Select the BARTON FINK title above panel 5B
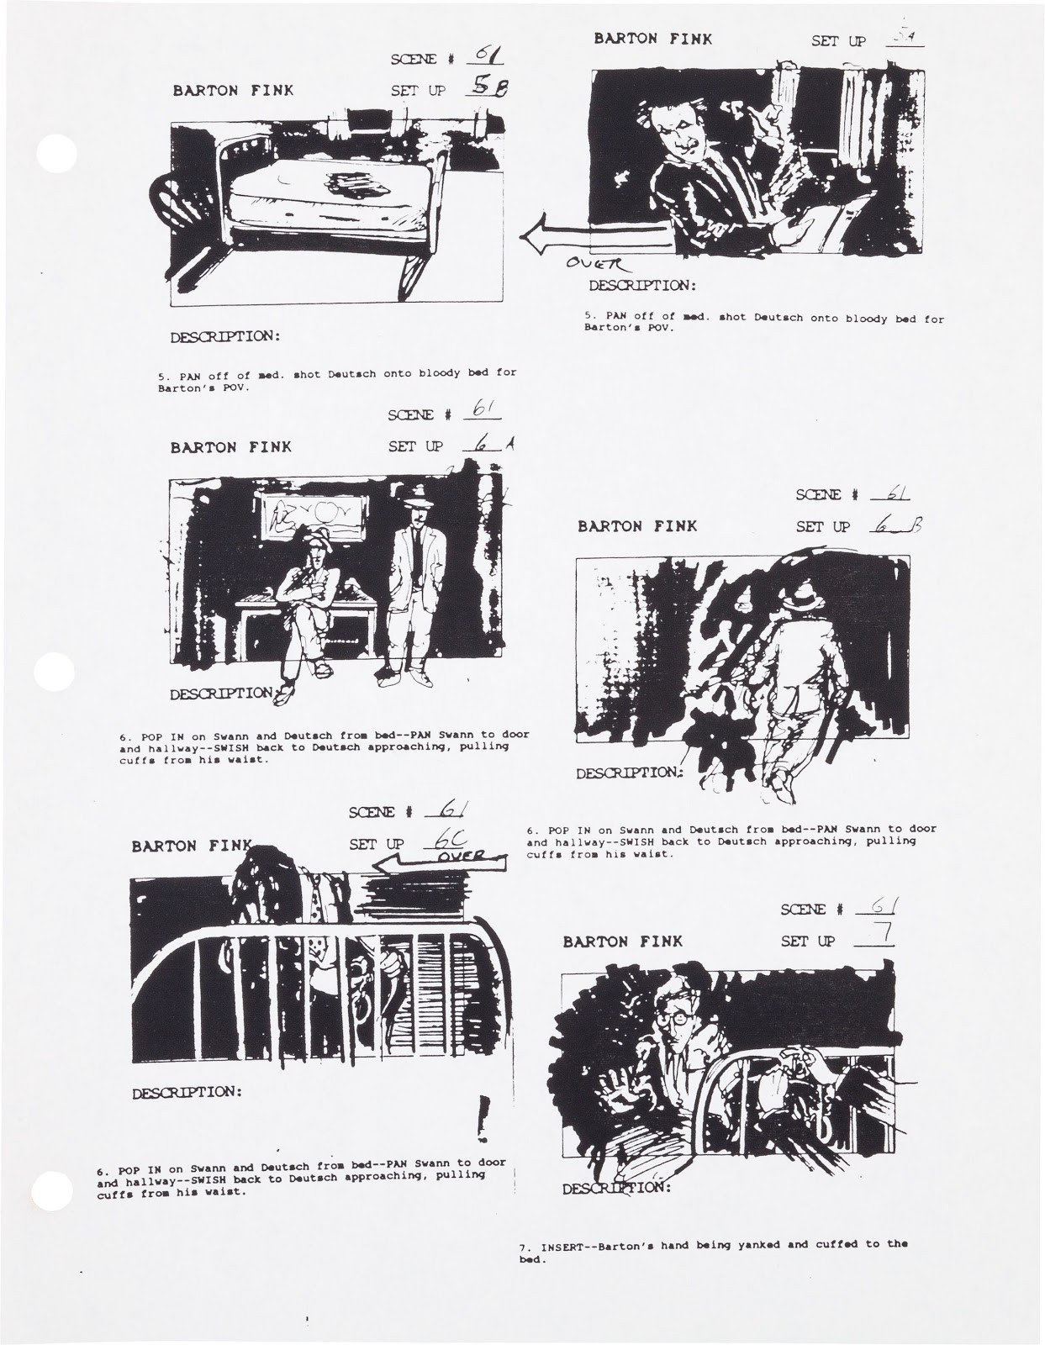pyautogui.click(x=233, y=90)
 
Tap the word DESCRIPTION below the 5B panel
pyautogui.click(x=225, y=337)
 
